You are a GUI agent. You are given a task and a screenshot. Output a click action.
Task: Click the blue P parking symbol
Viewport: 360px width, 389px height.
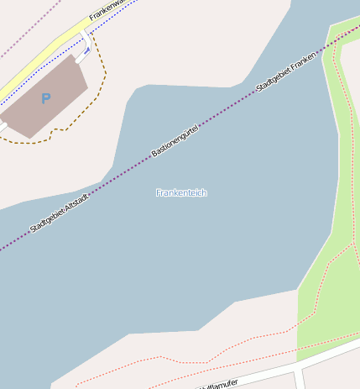pyautogui.click(x=45, y=99)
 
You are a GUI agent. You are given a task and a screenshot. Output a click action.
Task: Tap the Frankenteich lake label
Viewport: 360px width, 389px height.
pyautogui.click(x=181, y=193)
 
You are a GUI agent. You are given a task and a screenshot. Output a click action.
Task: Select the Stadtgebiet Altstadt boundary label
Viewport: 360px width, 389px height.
pyautogui.click(x=60, y=215)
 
